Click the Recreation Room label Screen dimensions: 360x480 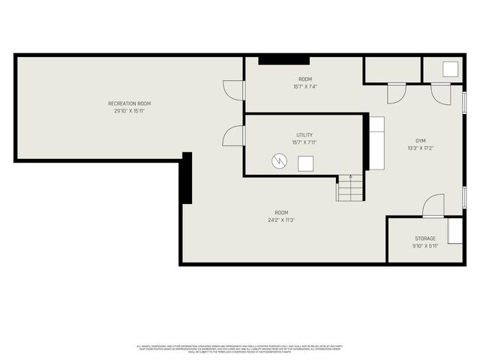[x=129, y=103]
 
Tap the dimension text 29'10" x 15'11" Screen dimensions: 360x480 [x=129, y=110]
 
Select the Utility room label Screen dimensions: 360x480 [x=304, y=135]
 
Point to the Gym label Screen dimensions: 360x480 [x=421, y=140]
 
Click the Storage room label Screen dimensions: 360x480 [x=425, y=238]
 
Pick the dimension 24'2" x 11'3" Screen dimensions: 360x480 [x=281, y=220]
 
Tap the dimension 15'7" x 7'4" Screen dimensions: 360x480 [x=304, y=86]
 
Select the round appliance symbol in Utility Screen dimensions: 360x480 [x=279, y=160]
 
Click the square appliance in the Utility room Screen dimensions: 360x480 [x=306, y=163]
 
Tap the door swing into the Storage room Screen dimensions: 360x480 [x=433, y=205]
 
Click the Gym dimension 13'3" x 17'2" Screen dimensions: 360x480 [x=421, y=148]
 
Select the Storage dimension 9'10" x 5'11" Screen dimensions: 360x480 [x=425, y=246]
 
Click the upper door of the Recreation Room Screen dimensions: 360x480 [x=234, y=89]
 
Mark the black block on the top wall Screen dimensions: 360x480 [x=283, y=60]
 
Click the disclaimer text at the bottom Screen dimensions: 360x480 [x=239, y=348]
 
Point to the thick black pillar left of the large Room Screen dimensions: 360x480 [x=187, y=178]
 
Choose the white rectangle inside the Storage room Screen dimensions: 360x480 [x=455, y=231]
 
